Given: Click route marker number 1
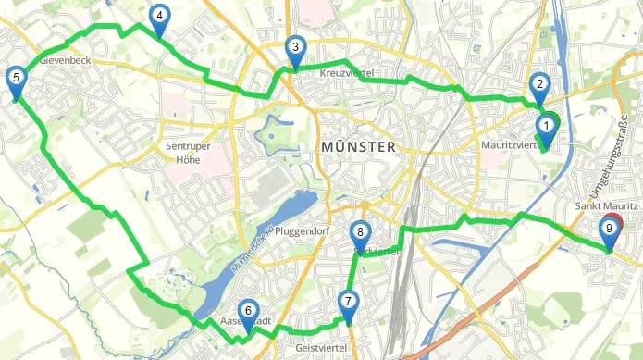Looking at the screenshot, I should tap(546, 127).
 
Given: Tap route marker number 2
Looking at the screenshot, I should tap(538, 84).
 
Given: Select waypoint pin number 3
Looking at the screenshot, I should tap(294, 49).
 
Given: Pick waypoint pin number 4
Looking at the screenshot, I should tap(159, 17).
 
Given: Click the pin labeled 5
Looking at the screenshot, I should tap(15, 79).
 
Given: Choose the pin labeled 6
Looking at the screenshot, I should tap(246, 313).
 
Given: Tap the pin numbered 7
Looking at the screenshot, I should tap(347, 302).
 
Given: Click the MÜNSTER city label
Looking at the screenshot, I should tap(357, 147).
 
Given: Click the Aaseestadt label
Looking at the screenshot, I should tap(246, 322).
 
